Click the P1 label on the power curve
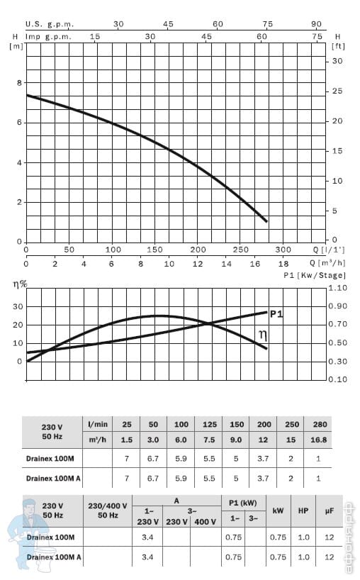click(276, 314)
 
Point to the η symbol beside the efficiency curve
click(263, 335)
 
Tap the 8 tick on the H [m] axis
click(19, 83)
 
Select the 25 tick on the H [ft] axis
click(337, 91)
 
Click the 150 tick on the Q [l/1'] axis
click(154, 250)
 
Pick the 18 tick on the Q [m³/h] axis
click(283, 264)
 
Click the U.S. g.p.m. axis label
click(50, 24)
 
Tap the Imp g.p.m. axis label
click(48, 37)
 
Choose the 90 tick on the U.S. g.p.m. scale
click(316, 24)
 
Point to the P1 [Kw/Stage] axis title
click(315, 275)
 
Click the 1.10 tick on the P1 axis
click(338, 288)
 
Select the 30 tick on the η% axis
click(18, 306)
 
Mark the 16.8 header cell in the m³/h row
click(318, 440)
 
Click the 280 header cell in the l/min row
click(320, 424)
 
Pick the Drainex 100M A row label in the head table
click(53, 479)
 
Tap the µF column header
click(330, 511)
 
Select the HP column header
click(303, 511)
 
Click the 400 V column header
click(205, 522)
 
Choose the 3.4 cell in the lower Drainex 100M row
click(147, 537)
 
